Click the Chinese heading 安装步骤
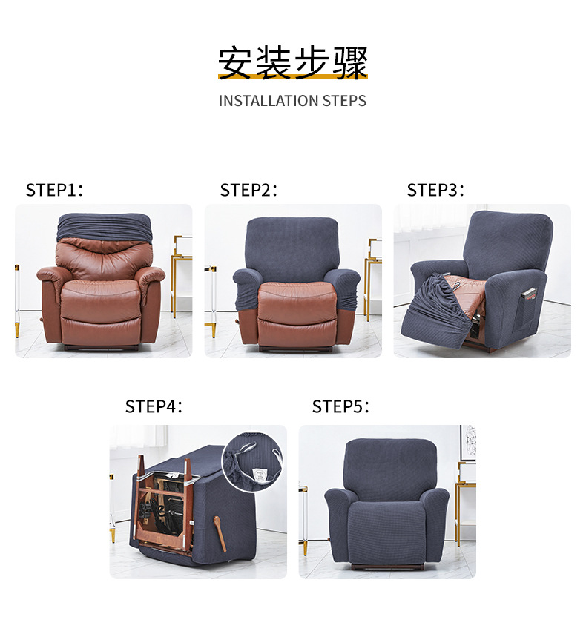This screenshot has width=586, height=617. click(x=292, y=62)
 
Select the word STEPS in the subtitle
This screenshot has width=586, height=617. click(x=343, y=101)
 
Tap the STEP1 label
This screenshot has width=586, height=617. click(x=54, y=190)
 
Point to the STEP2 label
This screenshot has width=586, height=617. click(x=248, y=190)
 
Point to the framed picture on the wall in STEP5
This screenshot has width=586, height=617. click(x=467, y=443)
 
